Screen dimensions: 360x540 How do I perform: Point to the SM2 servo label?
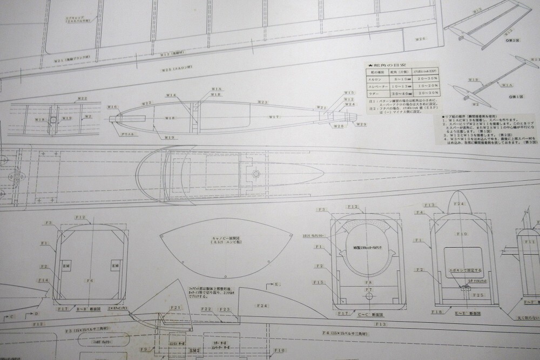point(194,350)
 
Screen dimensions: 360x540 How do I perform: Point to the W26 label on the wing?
point(421,39)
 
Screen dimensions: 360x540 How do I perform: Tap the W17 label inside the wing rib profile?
point(274,117)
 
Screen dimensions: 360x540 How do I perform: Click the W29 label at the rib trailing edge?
point(361,124)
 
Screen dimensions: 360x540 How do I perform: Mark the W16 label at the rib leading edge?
point(112,107)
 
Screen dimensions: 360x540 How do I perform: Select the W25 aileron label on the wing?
point(178,69)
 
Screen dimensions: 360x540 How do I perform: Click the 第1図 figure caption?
point(517,96)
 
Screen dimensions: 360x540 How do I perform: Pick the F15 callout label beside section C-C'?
point(318,282)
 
